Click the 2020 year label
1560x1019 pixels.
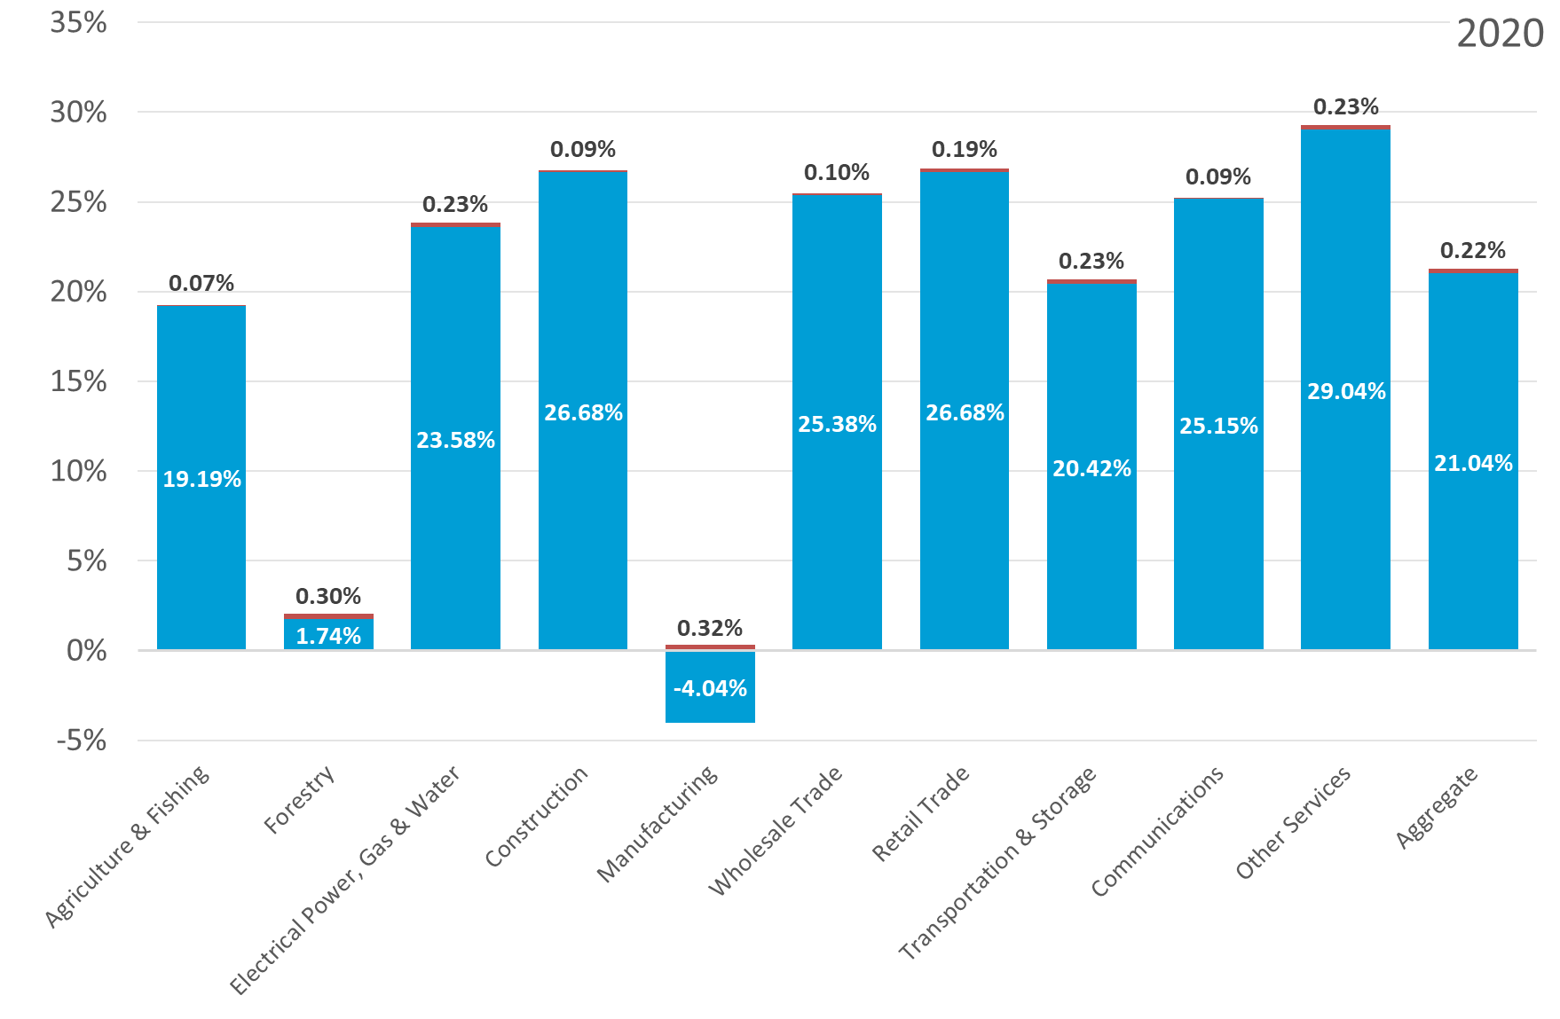click(x=1500, y=34)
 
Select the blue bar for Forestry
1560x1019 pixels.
click(x=328, y=633)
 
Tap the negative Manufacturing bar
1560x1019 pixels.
click(x=710, y=686)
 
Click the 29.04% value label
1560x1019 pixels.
click(x=1346, y=391)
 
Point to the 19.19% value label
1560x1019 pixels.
click(x=201, y=479)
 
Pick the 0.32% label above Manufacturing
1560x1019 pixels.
click(x=710, y=628)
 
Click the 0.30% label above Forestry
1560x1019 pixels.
click(x=328, y=596)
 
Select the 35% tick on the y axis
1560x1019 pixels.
click(x=78, y=22)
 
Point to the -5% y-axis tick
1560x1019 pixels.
click(x=82, y=740)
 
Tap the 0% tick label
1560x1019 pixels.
click(x=87, y=650)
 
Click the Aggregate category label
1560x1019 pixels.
click(x=1437, y=807)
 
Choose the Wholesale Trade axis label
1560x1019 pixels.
click(x=776, y=831)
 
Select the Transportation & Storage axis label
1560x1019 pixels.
click(x=998, y=863)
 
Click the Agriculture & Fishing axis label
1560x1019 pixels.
click(x=127, y=847)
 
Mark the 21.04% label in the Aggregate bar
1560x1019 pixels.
click(x=1473, y=463)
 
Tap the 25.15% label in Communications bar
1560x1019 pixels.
click(x=1218, y=426)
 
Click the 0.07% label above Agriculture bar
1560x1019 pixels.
click(x=201, y=283)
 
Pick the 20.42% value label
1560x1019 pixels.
click(x=1091, y=468)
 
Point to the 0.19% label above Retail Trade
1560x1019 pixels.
click(x=965, y=149)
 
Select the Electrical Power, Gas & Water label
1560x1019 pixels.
click(x=345, y=880)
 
